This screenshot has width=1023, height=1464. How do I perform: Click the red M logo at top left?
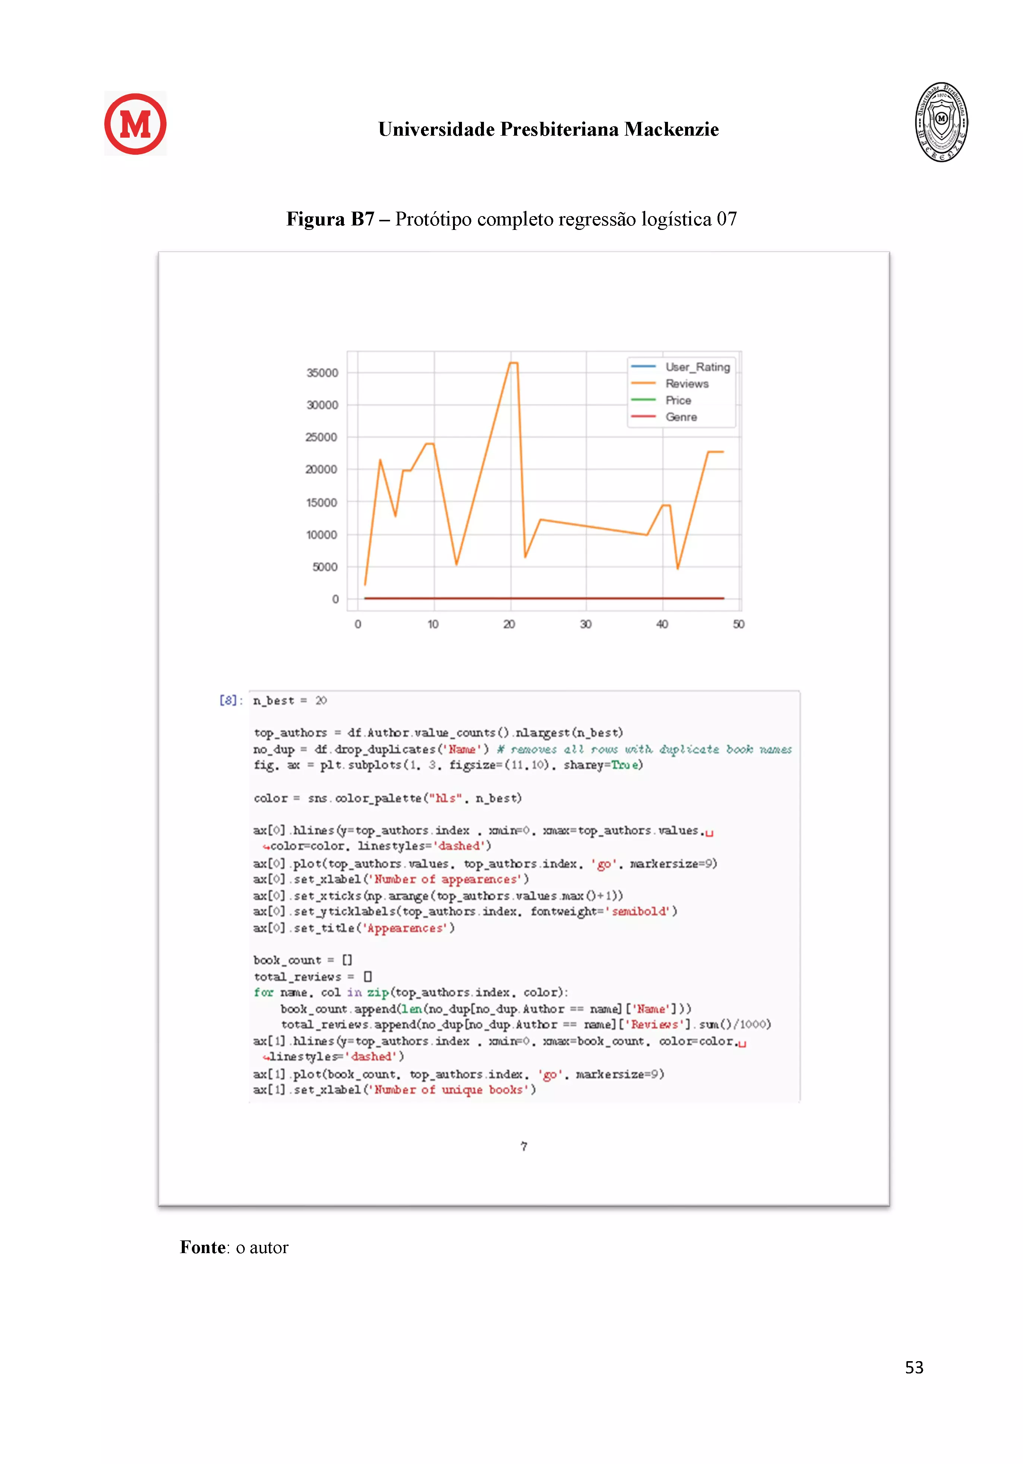coord(135,124)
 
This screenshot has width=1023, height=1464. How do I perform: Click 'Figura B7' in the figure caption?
coord(330,219)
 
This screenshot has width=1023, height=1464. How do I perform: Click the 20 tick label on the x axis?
coord(509,624)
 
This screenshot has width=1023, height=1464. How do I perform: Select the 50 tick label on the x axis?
coord(738,624)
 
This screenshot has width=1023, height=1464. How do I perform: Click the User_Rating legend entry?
coord(697,367)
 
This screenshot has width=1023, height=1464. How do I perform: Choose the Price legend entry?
coord(678,401)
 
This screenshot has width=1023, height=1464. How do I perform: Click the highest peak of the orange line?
coord(513,363)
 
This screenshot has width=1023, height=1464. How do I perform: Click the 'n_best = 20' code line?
coord(290,701)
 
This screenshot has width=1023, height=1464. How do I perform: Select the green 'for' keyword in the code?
coord(263,992)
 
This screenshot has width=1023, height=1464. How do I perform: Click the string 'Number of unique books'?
coord(455,1090)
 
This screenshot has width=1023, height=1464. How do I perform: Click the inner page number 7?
coord(523,1147)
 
